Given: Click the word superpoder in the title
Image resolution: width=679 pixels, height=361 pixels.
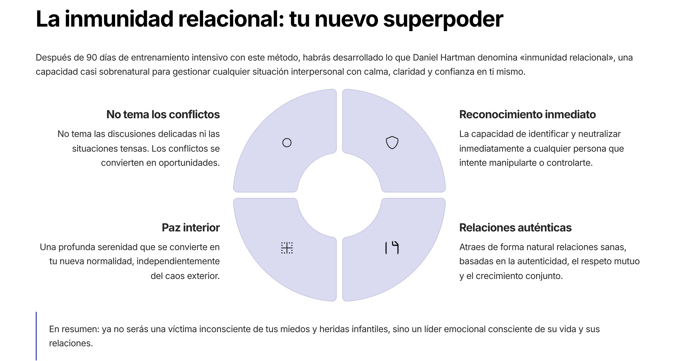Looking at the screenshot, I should (443, 19).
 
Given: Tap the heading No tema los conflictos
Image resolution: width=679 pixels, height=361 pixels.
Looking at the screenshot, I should (163, 115).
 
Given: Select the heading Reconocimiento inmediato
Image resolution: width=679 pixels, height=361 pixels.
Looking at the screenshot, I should (527, 115).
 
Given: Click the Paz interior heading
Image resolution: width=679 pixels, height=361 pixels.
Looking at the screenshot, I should (191, 228).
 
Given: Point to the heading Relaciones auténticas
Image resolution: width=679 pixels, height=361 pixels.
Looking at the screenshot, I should (515, 228).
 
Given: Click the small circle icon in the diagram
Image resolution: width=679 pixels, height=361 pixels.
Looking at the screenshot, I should (287, 143).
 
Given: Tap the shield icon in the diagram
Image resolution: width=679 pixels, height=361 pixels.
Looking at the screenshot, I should (392, 143).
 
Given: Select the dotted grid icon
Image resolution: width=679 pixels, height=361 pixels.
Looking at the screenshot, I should (287, 248).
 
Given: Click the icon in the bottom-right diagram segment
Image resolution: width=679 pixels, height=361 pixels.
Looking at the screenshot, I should (392, 248).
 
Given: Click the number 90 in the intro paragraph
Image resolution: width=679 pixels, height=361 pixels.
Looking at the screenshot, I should (92, 58).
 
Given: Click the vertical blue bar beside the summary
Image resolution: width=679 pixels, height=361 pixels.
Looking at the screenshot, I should (36, 336).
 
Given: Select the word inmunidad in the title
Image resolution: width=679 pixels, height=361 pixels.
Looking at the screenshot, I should (119, 19).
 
